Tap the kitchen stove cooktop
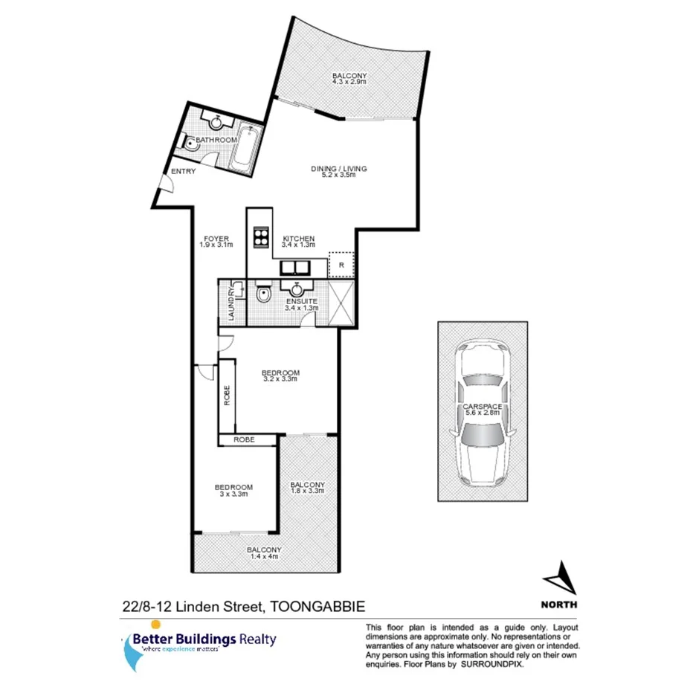point(261,236)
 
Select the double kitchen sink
point(295,268)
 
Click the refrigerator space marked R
point(341,264)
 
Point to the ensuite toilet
point(262,297)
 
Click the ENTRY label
point(184,173)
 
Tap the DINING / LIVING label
point(338,169)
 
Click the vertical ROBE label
point(227,395)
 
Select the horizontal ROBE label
point(245,440)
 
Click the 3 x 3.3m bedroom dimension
point(233,494)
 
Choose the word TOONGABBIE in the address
point(317,607)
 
